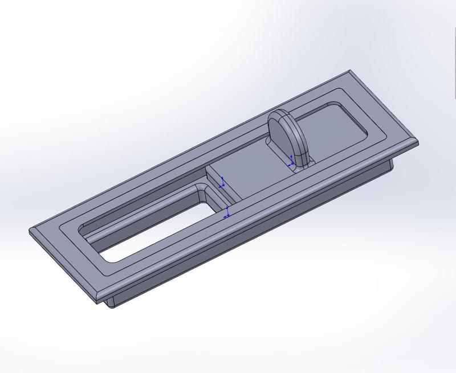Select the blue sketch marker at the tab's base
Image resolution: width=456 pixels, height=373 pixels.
(292, 161)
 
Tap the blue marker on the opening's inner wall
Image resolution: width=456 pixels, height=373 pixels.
(227, 214)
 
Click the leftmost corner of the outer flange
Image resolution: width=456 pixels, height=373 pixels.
(30, 230)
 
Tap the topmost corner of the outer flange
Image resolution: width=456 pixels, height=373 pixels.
(350, 71)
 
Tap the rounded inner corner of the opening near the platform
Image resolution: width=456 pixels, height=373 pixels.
(202, 188)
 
